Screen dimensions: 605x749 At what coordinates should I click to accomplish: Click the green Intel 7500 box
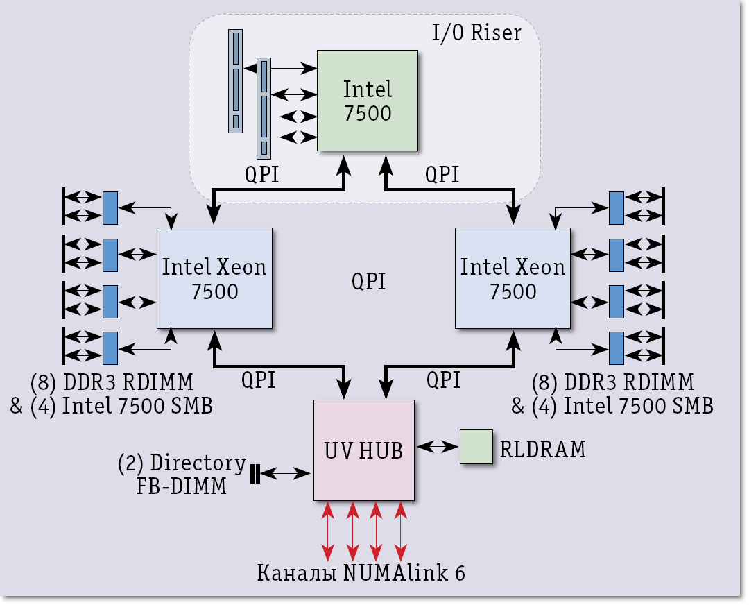[x=368, y=101]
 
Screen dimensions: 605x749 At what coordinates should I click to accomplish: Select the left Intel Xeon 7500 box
[x=214, y=278]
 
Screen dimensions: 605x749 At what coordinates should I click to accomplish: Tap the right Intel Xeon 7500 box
[x=513, y=278]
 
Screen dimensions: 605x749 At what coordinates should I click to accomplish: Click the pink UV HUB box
[x=363, y=450]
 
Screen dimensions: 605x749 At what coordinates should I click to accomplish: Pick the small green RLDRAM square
[x=476, y=446]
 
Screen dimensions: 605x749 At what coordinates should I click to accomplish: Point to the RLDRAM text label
[x=542, y=450]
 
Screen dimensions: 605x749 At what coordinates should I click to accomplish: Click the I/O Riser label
[x=476, y=33]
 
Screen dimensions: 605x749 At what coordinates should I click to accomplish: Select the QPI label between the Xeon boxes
[x=368, y=282]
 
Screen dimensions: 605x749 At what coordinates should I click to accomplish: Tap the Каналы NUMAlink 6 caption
[x=361, y=574]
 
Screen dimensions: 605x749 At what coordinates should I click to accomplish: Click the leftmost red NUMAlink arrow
[x=328, y=531]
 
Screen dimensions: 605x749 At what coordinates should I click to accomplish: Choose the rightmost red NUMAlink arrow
[x=400, y=531]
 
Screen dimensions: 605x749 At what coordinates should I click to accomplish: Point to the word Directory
[x=198, y=463]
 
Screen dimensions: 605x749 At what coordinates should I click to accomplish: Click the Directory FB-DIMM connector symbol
[x=255, y=474]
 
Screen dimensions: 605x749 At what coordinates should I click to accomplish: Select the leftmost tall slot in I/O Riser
[x=235, y=80]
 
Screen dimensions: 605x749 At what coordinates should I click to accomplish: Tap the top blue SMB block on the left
[x=110, y=208]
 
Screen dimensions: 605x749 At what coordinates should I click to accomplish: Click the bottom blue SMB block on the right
[x=616, y=348]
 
